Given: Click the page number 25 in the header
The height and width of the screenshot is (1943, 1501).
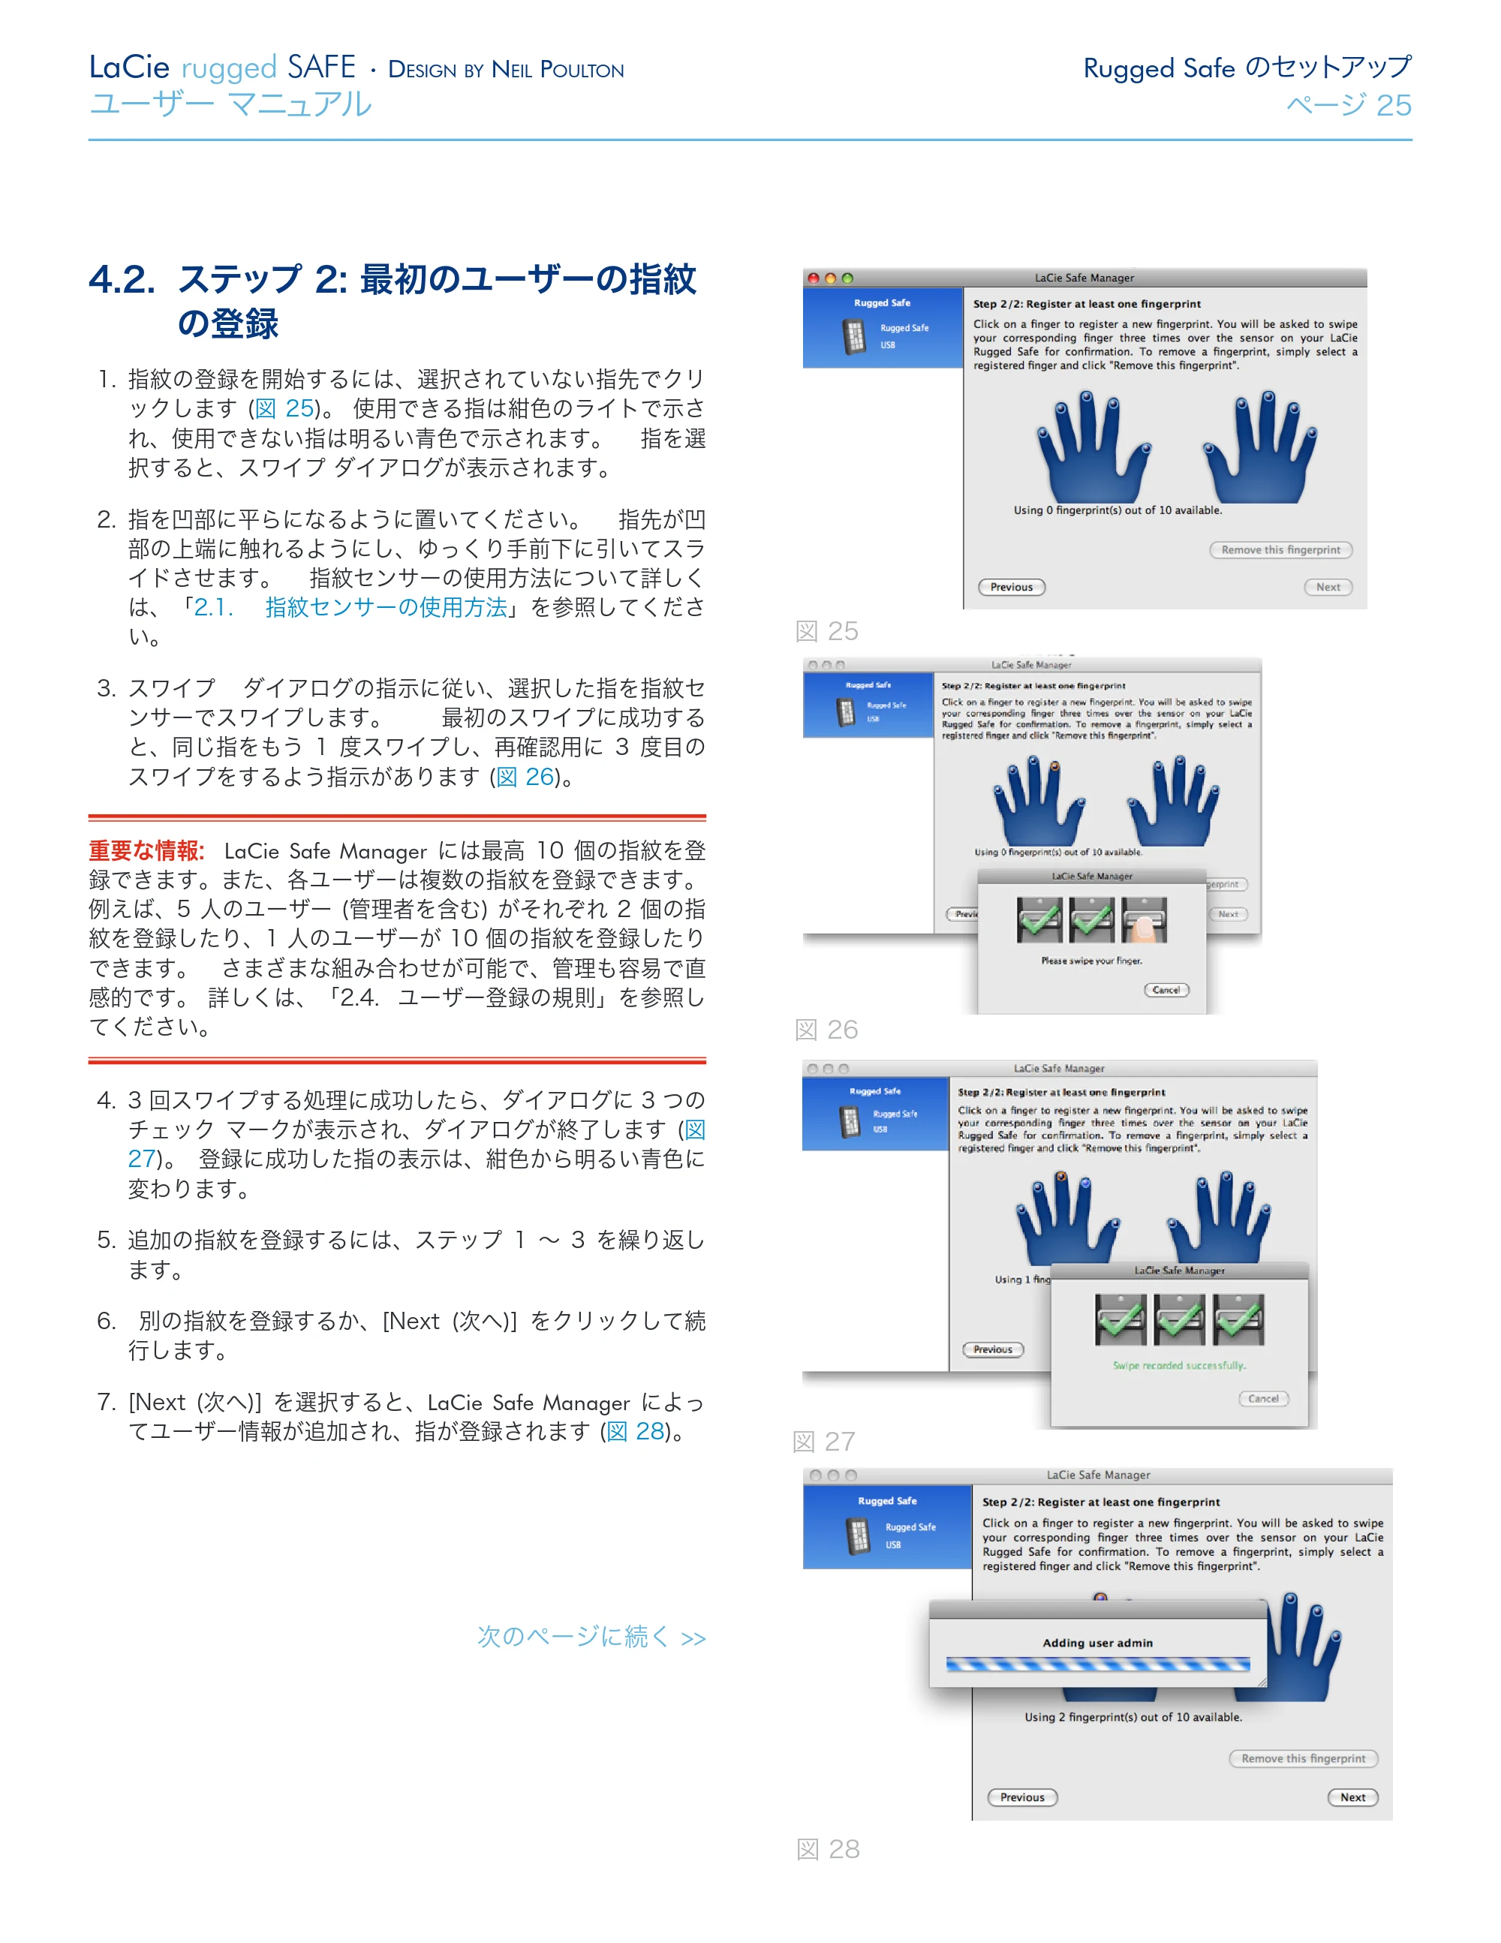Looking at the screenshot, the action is pyautogui.click(x=1394, y=105).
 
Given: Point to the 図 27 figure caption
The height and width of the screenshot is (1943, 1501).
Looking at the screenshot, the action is pyautogui.click(x=824, y=1441).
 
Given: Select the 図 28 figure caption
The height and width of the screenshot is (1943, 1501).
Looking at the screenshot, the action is pyautogui.click(x=828, y=1850).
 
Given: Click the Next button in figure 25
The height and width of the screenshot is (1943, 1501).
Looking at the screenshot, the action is pyautogui.click(x=1328, y=587).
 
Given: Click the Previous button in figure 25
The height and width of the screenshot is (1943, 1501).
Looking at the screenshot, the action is pyautogui.click(x=1012, y=587).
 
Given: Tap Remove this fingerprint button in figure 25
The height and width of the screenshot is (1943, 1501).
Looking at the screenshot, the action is pyautogui.click(x=1281, y=550).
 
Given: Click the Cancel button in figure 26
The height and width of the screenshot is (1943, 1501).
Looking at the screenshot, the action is pyautogui.click(x=1166, y=990).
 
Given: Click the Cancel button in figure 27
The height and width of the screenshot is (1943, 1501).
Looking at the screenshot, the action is pyautogui.click(x=1263, y=1399).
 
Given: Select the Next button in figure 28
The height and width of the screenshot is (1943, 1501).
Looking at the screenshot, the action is pyautogui.click(x=1353, y=1797).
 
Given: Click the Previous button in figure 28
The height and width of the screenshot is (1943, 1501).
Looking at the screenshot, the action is pyautogui.click(x=1022, y=1797).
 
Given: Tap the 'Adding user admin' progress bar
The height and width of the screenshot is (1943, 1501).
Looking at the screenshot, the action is pyautogui.click(x=1098, y=1665).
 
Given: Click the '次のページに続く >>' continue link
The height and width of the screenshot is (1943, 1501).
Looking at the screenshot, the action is pyautogui.click(x=591, y=1637).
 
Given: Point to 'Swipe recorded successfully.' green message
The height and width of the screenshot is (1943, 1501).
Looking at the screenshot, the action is pyautogui.click(x=1180, y=1366).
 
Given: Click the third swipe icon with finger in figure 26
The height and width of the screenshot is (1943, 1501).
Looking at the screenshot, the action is pyautogui.click(x=1145, y=920).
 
